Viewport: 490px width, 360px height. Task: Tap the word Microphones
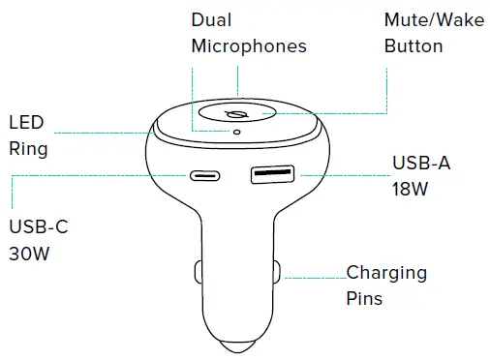pyautogui.click(x=249, y=45)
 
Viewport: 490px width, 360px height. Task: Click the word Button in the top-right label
pyautogui.click(x=413, y=45)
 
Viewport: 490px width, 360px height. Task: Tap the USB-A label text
pyautogui.click(x=421, y=163)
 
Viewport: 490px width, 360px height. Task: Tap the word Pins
pyautogui.click(x=365, y=298)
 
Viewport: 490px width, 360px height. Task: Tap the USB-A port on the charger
pyautogui.click(x=273, y=176)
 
